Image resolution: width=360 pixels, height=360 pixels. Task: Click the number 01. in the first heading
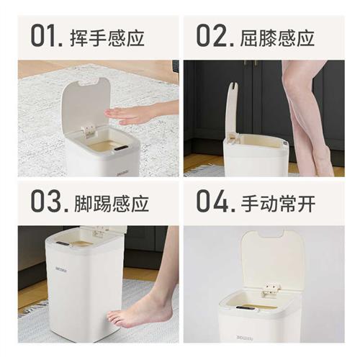50,35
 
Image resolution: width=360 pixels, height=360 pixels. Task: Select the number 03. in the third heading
50,201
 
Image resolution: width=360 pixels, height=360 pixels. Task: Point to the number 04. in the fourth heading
215,201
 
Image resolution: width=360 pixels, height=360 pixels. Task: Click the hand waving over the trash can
132,114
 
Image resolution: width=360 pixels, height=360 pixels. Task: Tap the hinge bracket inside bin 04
271,289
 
